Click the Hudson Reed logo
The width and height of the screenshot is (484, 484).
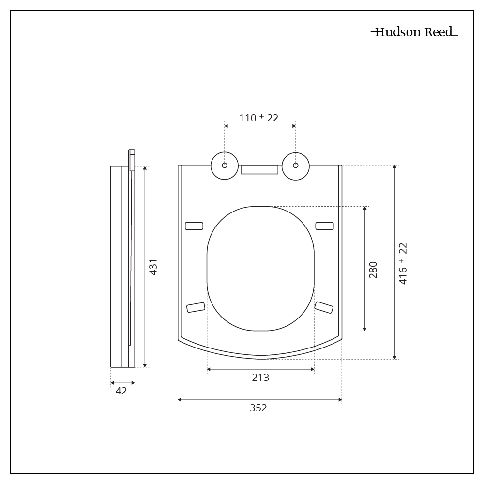pos(414,32)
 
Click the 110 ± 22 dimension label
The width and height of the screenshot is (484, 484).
pos(259,118)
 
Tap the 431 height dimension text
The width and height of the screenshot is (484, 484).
pos(153,267)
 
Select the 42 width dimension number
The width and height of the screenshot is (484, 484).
pos(121,391)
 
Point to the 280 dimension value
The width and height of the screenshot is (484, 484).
pos(373,270)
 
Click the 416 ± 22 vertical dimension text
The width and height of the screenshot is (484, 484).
pos(403,264)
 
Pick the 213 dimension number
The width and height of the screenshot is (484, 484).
pos(260,378)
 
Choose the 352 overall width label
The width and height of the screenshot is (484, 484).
pos(258,408)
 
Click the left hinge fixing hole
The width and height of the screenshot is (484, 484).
pos(225,166)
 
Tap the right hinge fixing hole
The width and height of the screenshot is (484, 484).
pos(296,166)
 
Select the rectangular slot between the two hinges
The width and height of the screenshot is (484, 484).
pos(260,169)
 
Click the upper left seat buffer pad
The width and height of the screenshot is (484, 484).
pos(195,226)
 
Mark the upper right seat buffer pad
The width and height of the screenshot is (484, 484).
pos(324,226)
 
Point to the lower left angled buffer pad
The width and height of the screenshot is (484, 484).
pos(196,307)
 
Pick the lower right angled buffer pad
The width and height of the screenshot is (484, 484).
pos(324,307)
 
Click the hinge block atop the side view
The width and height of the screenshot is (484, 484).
pos(131,160)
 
